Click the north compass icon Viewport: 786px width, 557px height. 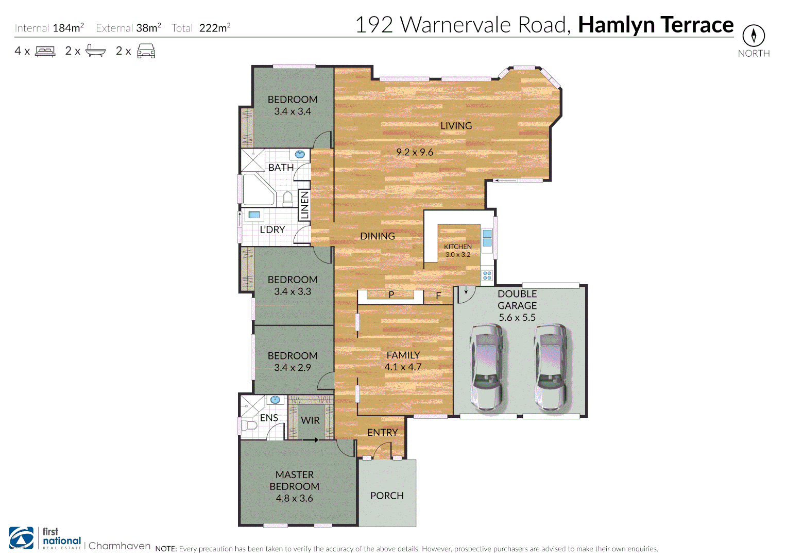pyautogui.click(x=754, y=36)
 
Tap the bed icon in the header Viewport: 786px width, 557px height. pyautogui.click(x=45, y=52)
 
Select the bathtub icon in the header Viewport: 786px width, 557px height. pyautogui.click(x=96, y=51)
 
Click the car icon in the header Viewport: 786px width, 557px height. pyautogui.click(x=146, y=51)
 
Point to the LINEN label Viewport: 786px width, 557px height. pyautogui.click(x=304, y=204)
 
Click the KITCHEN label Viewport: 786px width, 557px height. pyautogui.click(x=458, y=247)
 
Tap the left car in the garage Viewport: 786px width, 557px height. pyautogui.click(x=486, y=367)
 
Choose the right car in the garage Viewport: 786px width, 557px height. pyautogui.click(x=550, y=367)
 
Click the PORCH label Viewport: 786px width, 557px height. pyautogui.click(x=387, y=496)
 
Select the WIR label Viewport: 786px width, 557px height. pyautogui.click(x=310, y=420)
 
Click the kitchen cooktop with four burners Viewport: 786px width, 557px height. pyautogui.click(x=487, y=275)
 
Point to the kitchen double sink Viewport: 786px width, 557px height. pyautogui.click(x=487, y=238)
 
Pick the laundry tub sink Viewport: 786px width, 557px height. pyautogui.click(x=254, y=215)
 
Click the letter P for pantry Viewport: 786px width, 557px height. pyautogui.click(x=391, y=294)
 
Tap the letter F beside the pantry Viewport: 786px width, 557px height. pyautogui.click(x=438, y=296)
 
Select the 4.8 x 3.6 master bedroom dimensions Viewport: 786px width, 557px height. pyautogui.click(x=294, y=498)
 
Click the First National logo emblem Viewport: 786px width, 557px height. pyautogui.click(x=22, y=538)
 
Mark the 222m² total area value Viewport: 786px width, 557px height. pyautogui.click(x=215, y=28)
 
